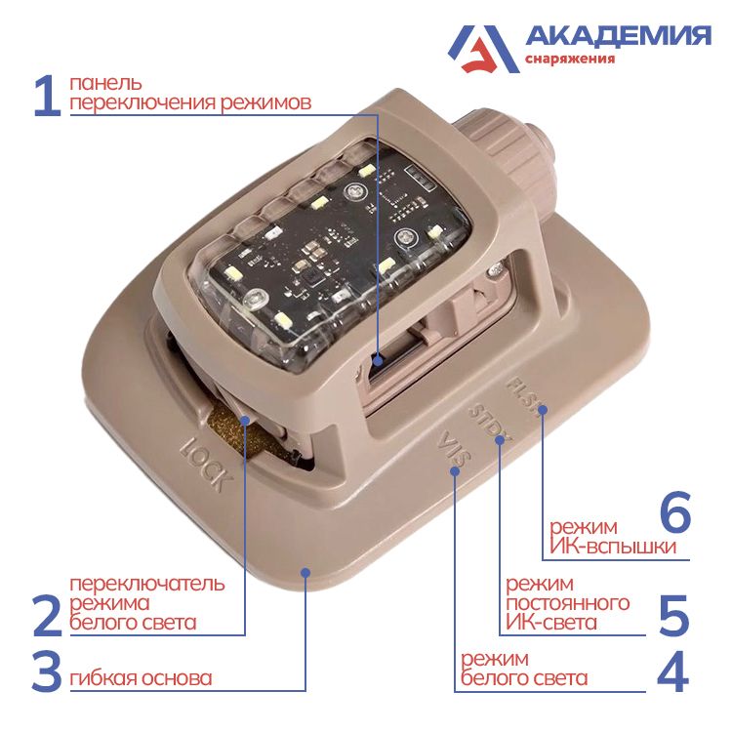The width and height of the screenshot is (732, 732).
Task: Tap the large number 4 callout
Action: pos(672,672)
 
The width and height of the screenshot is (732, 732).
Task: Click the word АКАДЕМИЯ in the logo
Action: pos(618,36)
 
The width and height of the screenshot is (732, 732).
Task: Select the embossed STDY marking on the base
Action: pos(484,423)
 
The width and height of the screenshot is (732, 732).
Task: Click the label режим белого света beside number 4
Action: pos(523,669)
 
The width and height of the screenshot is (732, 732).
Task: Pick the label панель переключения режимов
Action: pos(189,94)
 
